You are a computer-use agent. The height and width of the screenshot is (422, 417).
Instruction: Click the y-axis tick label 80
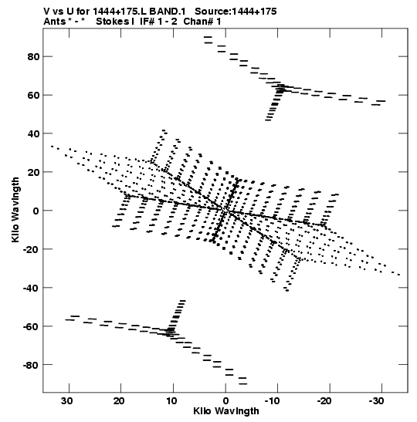[33, 57]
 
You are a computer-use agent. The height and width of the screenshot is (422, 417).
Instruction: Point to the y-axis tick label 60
[33, 95]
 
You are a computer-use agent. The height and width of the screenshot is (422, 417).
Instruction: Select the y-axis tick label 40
[33, 133]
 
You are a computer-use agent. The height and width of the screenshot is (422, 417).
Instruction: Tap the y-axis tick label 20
[33, 172]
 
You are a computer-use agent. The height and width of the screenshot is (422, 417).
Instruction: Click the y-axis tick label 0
[36, 211]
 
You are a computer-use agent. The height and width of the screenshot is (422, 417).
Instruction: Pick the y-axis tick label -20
[31, 249]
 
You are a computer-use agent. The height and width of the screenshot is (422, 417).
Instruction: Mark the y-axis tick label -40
[31, 288]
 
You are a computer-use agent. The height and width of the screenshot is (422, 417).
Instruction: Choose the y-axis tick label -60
[31, 326]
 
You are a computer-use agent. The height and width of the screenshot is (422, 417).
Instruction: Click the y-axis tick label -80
[31, 365]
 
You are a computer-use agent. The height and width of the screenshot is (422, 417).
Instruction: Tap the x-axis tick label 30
[67, 401]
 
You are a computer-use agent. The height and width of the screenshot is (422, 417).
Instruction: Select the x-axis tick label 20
[119, 401]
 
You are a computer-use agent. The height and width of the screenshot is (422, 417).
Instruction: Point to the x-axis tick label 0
[225, 401]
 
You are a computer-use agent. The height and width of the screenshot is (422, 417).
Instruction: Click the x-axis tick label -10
[273, 401]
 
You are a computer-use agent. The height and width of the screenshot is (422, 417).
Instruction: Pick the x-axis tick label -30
[376, 401]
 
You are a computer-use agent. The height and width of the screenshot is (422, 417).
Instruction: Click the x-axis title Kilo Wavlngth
[226, 411]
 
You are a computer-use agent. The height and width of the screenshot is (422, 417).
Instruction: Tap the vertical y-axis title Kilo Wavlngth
[15, 210]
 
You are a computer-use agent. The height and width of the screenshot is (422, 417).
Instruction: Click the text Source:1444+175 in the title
[236, 12]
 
